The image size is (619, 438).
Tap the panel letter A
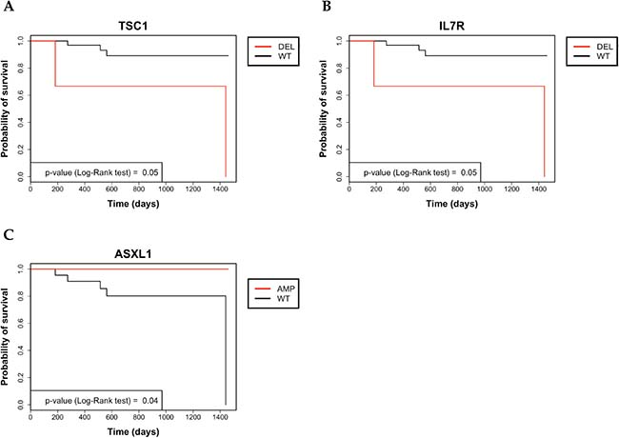[8, 8]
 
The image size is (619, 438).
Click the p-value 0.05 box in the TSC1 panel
[96, 170]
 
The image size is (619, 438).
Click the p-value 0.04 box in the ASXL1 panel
[96, 399]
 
